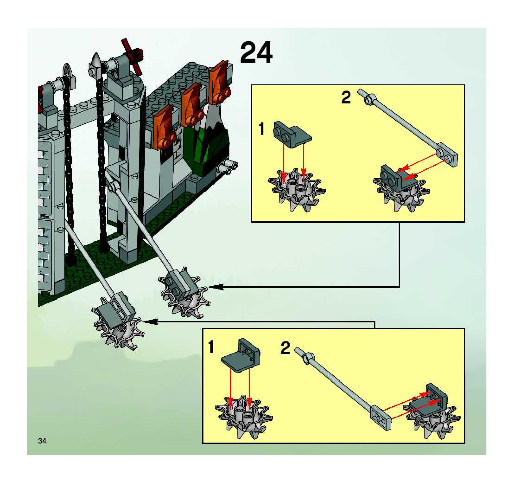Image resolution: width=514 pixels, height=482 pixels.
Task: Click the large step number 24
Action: tap(256, 52)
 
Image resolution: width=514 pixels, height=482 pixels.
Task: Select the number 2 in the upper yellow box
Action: tap(346, 98)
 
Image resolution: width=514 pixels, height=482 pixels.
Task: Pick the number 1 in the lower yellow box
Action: tap(211, 347)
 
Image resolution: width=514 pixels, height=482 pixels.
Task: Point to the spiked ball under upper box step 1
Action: tap(297, 190)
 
